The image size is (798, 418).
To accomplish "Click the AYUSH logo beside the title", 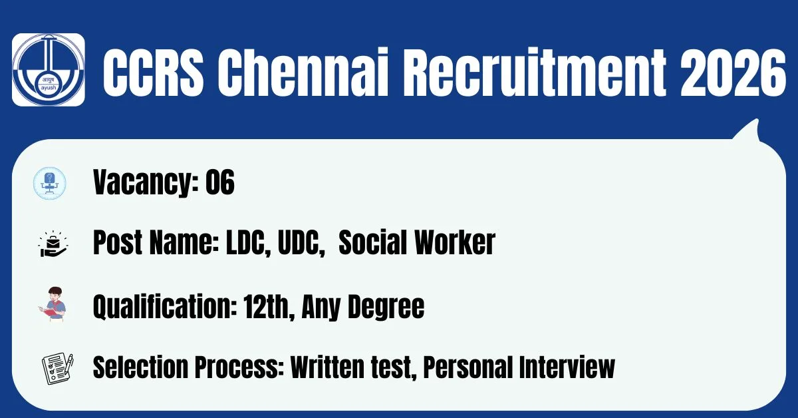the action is tap(49, 69).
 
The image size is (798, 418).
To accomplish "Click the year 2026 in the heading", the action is tap(732, 73).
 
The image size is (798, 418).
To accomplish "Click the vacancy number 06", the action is tap(220, 182).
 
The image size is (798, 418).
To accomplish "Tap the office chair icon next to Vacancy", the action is tap(49, 183).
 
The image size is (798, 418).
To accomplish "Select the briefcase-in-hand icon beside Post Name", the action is tap(53, 244).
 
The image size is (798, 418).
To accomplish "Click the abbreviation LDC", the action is tap(248, 243).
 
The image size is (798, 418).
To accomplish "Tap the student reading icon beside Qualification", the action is tap(53, 305).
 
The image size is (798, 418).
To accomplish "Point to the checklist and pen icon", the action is tap(58, 369).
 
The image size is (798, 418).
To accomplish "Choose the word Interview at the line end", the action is tap(567, 367).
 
